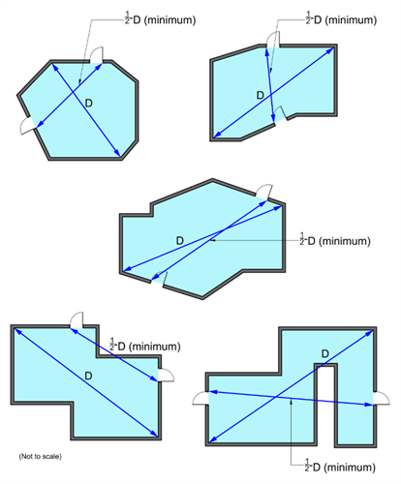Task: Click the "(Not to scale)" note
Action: coord(40,456)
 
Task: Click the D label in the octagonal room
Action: coord(88,104)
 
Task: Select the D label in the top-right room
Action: coord(261,95)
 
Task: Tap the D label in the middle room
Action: coord(180,240)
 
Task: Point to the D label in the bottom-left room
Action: coord(88,376)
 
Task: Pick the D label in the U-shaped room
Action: coord(325,353)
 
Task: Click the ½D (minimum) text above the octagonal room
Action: coord(160,19)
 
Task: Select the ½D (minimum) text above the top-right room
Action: coord(341,19)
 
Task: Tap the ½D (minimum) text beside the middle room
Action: coord(335,240)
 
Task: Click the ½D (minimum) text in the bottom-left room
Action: coord(145,346)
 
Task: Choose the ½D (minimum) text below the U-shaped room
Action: coord(340,467)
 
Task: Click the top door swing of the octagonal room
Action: coord(96,55)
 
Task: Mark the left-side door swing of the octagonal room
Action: coord(27,125)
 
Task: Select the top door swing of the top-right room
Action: coord(273,40)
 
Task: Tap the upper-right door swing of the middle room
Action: coord(264,192)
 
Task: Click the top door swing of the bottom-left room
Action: coord(77,319)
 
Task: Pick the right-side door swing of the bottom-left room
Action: coord(167,375)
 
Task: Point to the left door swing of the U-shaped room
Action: coord(200,398)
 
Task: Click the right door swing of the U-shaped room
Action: coord(382,398)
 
